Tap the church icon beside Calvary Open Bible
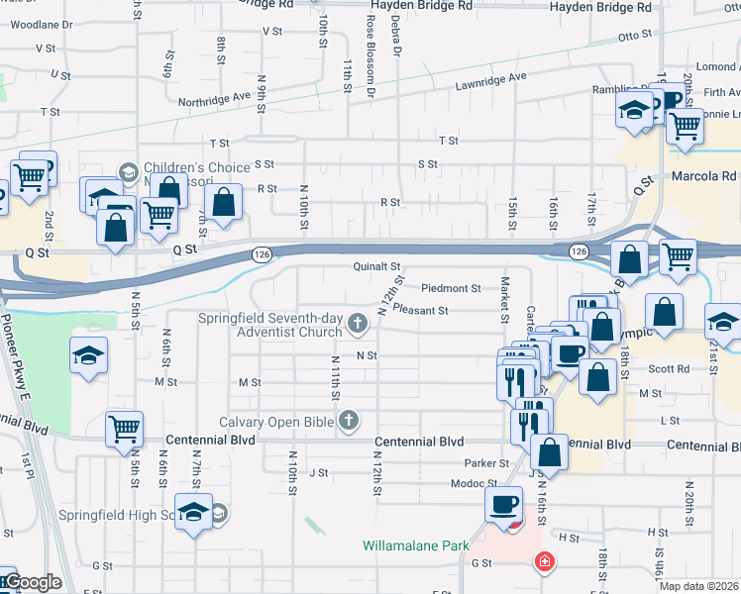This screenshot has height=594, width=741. [348, 423]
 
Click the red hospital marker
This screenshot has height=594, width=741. [543, 563]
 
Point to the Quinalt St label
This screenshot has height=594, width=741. [376, 266]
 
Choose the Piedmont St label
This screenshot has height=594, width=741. [450, 288]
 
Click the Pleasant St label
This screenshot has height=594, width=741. [421, 310]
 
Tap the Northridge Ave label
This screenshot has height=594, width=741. [214, 99]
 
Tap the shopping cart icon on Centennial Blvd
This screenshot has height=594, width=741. [125, 429]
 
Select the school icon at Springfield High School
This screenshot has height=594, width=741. [194, 512]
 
